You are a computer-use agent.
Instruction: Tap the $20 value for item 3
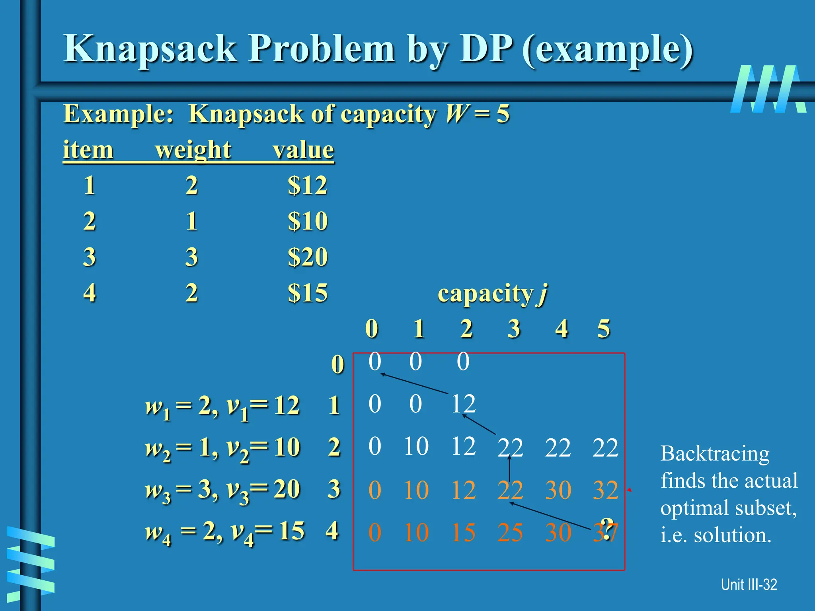coord(308,257)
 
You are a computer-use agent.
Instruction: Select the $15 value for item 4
coord(308,293)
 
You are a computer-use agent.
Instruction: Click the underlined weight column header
coord(193,150)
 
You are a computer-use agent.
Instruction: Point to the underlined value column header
coord(303,150)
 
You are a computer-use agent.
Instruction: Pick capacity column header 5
coord(603,329)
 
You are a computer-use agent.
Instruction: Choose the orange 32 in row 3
coord(605,490)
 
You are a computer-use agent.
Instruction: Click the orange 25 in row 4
coord(510,533)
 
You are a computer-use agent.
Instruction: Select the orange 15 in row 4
coord(463,533)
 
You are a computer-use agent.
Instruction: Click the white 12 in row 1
coord(463,404)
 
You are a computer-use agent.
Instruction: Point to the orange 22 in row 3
coord(510,490)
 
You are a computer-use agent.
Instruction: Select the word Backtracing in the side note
coord(715,453)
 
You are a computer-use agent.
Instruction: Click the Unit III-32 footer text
coord(749,585)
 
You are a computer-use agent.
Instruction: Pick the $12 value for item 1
coord(308,185)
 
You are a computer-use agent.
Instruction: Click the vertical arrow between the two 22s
coord(509,469)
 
